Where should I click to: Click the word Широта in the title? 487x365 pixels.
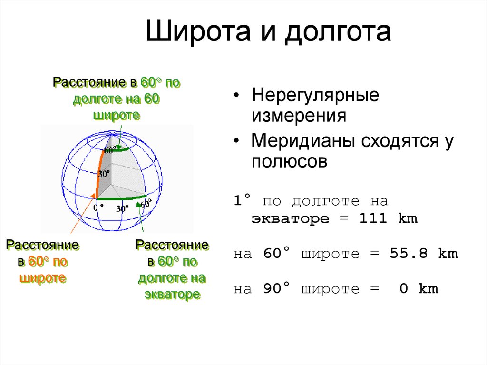[x=198, y=31]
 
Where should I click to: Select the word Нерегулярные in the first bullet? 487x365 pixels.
[x=315, y=96]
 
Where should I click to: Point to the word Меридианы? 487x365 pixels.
[x=303, y=141]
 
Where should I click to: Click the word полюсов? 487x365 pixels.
[x=289, y=162]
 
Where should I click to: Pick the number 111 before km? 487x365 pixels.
[x=373, y=218]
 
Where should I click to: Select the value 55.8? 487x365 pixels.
[x=409, y=253]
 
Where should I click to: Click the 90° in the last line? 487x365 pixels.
[x=276, y=288]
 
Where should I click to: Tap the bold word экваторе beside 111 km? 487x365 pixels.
[x=290, y=219]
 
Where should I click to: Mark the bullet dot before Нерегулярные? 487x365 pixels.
[x=237, y=96]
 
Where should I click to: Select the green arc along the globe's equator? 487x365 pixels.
[x=121, y=198]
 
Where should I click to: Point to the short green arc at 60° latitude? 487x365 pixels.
[x=121, y=150]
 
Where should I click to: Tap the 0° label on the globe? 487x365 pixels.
[x=98, y=207]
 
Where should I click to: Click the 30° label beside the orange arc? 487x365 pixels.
[x=104, y=173]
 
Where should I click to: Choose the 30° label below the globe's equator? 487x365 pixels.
[x=122, y=208]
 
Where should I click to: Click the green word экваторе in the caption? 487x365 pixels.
[x=173, y=295]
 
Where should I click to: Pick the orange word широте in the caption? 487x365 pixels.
[x=43, y=278]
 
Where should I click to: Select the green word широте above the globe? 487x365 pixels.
[x=117, y=115]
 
